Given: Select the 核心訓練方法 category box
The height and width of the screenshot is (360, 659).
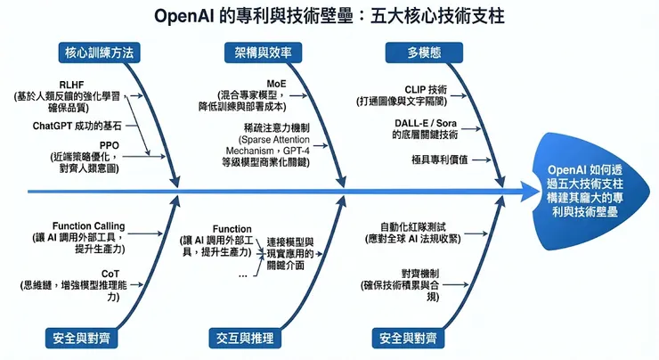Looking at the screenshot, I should pos(99,53).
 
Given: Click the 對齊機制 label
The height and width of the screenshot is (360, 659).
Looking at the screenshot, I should pos(419,272).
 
